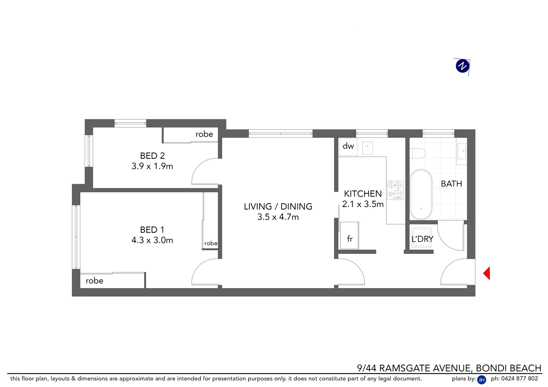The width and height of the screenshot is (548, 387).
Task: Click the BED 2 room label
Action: (152, 156)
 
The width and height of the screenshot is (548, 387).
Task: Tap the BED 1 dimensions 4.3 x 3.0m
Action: (152, 240)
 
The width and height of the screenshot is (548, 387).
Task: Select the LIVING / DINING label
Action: (278, 206)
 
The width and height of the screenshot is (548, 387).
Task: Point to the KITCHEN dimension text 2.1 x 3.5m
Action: (363, 204)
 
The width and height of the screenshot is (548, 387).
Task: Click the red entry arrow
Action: (487, 273)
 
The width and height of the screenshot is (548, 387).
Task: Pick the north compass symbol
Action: (462, 66)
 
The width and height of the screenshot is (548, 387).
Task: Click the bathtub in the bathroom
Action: (421, 194)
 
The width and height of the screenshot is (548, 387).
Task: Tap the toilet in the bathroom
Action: (417, 154)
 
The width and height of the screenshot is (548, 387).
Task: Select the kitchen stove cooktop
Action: (395, 190)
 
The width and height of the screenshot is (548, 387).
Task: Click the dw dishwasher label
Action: (348, 146)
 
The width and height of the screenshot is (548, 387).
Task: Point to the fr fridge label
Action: (350, 239)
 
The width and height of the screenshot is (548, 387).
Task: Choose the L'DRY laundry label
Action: (422, 239)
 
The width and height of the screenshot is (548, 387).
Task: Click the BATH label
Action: (451, 184)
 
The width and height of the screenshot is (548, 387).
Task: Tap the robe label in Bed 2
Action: (204, 134)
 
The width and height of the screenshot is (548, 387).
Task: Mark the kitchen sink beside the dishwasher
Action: (368, 147)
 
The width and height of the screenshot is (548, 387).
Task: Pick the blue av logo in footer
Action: (482, 379)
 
